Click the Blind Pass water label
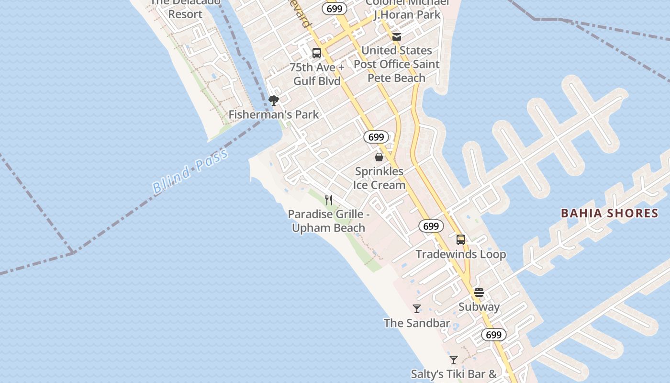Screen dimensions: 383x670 (x=190, y=171)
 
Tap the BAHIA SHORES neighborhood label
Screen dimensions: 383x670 (x=609, y=213)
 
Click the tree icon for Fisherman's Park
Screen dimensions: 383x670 (x=274, y=101)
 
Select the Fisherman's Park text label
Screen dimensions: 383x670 (x=273, y=114)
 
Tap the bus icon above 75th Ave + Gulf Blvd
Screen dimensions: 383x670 (x=317, y=53)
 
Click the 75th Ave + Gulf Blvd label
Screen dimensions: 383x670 (x=317, y=74)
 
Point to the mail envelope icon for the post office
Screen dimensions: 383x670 (x=396, y=36)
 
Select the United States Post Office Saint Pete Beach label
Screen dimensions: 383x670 (x=396, y=64)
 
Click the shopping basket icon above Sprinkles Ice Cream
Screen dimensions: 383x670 (x=379, y=157)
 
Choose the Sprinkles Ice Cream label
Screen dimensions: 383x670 (x=379, y=178)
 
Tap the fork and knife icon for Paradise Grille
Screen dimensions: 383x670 (x=329, y=200)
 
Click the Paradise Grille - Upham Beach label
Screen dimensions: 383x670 (x=329, y=221)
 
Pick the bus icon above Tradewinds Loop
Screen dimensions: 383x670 (x=461, y=240)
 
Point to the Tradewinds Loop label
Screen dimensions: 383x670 (x=461, y=254)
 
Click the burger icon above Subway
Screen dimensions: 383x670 (x=479, y=293)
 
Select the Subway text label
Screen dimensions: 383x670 (x=479, y=307)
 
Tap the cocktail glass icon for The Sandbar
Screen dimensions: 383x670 (x=417, y=309)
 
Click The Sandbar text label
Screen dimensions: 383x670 (x=417, y=323)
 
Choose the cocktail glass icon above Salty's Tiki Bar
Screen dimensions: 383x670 (x=454, y=360)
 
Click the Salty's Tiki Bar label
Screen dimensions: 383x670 (x=454, y=374)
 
